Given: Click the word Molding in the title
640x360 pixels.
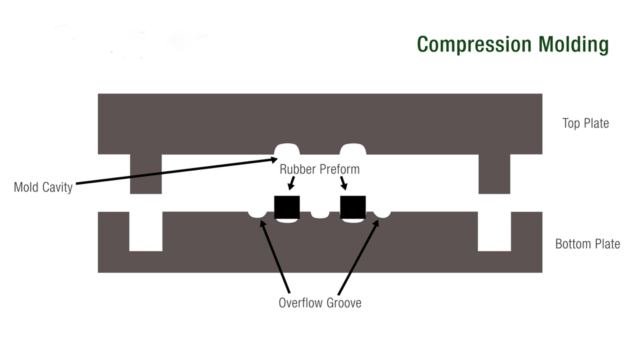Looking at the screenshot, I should click(572, 45).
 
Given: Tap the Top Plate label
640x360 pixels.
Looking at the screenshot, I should click(585, 123).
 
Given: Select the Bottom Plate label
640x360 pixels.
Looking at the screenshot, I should click(587, 244).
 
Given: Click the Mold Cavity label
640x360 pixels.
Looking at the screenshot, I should click(43, 187).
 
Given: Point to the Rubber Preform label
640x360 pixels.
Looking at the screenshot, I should click(319, 169).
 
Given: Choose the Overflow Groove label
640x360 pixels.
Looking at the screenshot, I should click(319, 303).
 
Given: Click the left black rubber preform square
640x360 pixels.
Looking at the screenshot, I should click(287, 207).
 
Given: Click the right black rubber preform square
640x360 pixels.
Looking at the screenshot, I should click(353, 207).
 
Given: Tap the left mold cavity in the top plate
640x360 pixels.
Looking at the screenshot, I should click(287, 149).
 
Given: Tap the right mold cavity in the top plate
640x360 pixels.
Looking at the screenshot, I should click(353, 149).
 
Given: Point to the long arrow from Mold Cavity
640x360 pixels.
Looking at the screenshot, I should click(173, 171).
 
